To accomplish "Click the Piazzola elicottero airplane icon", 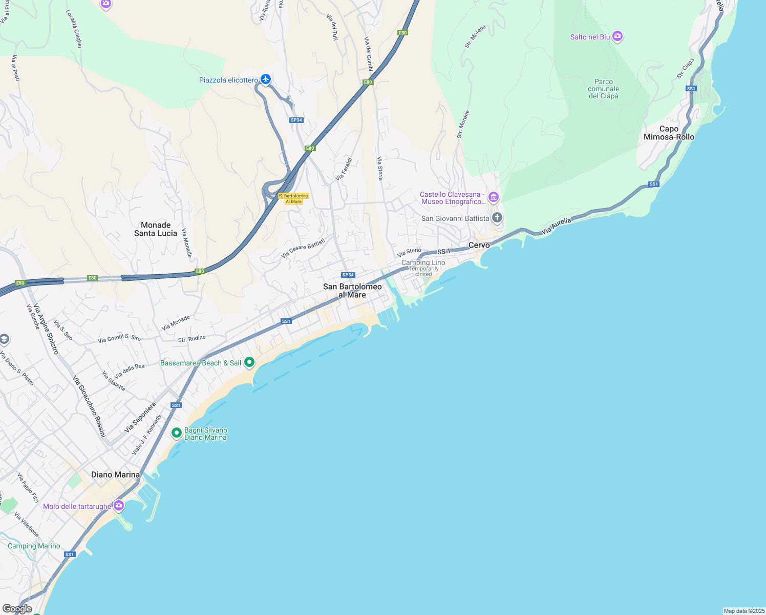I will point(265,79).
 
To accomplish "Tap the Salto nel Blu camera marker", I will point(618,36).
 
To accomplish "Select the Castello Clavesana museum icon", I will point(493,197).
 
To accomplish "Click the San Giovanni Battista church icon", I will point(497,218).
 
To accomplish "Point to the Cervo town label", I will point(479,245).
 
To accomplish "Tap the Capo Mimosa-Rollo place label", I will point(669,133).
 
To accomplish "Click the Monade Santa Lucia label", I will point(156,229).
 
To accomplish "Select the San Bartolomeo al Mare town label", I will point(352,291).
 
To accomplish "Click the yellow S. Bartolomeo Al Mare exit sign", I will point(293,198).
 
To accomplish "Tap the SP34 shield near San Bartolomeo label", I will point(348,275).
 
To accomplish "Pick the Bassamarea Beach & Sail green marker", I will point(249,362).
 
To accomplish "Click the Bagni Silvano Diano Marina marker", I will point(177,433).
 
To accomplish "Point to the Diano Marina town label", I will point(115,475).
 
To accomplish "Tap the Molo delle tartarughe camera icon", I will point(119,506).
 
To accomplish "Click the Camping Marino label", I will point(34,546).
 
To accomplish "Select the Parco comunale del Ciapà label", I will point(604,89).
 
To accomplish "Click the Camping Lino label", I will point(423,263).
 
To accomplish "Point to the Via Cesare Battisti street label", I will point(303,248).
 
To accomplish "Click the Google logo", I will point(17,609).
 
